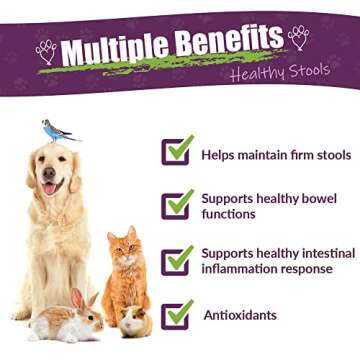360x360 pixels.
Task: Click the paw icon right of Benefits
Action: point(299,37)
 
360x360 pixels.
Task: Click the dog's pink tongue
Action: point(49,187)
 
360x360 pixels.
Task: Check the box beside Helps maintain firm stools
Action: point(177,151)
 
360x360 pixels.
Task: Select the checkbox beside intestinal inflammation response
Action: point(177,260)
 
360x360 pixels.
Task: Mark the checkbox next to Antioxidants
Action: point(177,314)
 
